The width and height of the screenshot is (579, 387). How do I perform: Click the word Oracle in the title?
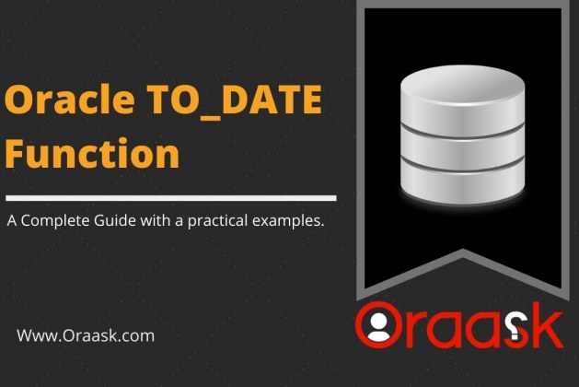tap(70, 100)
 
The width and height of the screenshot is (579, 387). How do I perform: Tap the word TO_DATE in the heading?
tap(235, 100)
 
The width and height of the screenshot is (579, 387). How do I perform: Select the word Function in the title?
tap(92, 153)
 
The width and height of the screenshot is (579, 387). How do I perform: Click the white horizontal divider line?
tap(171, 198)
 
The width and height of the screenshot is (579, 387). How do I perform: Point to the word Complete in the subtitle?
tap(55, 221)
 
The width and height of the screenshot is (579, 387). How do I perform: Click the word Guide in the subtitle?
tap(115, 220)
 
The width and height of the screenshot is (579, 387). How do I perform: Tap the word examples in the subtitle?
tap(288, 221)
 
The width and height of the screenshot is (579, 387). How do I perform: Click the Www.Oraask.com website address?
tap(86, 335)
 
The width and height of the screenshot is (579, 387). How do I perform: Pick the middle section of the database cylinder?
tap(463, 149)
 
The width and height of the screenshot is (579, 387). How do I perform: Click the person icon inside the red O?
tap(378, 327)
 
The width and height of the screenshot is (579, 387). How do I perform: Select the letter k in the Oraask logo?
tap(545, 325)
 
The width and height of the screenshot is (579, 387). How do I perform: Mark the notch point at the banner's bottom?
tap(463, 250)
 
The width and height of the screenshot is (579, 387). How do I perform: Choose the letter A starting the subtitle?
tap(12, 220)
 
